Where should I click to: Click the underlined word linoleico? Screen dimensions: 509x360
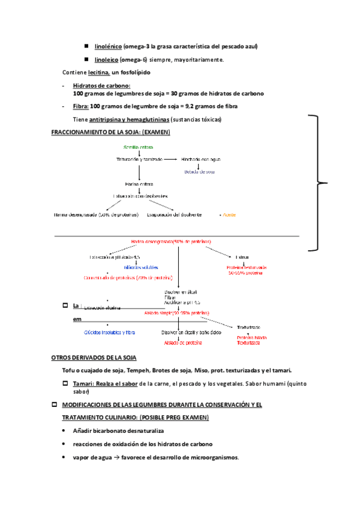coord(106,59)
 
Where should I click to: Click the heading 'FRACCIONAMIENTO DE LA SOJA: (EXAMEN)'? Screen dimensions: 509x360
coord(111,132)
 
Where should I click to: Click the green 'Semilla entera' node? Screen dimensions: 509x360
coord(138,147)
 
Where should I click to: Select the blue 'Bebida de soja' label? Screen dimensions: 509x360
coord(199,172)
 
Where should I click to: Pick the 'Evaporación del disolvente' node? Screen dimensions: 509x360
coord(174,214)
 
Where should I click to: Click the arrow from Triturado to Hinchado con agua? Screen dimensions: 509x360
coord(170,159)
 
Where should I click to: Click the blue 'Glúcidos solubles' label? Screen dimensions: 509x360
coord(141,267)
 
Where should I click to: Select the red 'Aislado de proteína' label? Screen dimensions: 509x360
coord(184,343)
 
